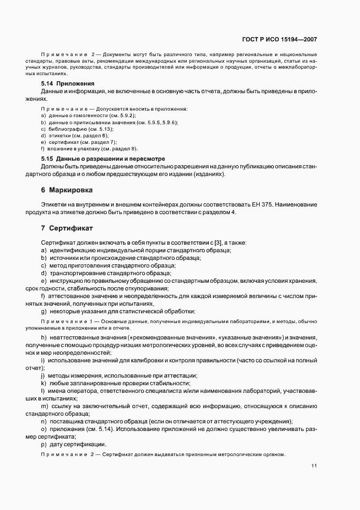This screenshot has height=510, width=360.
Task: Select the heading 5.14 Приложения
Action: [x=68, y=83]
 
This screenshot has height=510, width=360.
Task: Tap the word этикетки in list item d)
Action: [x=59, y=135]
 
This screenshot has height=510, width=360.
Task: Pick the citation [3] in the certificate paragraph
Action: [x=218, y=241]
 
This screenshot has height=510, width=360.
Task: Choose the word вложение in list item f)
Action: [x=59, y=148]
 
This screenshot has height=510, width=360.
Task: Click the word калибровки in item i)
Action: [x=145, y=361]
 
